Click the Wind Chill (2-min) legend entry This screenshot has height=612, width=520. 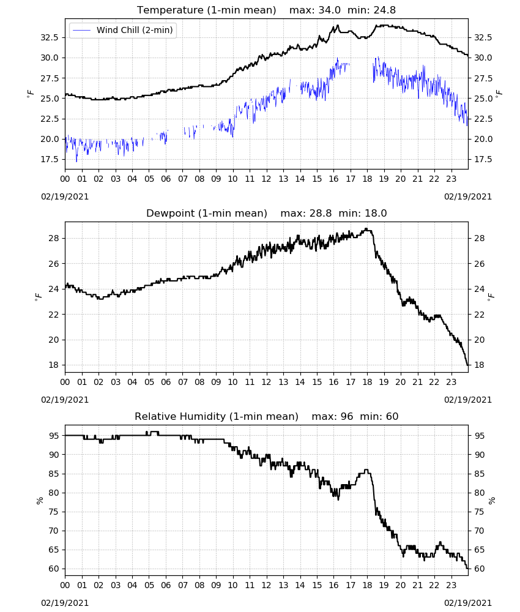pos(123,30)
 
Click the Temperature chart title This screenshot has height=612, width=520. pos(206,10)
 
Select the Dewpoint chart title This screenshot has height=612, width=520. pos(207,213)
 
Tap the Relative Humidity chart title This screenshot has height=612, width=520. pos(217,416)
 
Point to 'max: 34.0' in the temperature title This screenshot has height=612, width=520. pos(315,10)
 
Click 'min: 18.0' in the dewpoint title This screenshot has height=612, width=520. pos(363,213)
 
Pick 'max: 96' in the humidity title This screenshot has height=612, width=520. pos(332,416)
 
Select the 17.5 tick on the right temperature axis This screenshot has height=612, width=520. pos(483,159)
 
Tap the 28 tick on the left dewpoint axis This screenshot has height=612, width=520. pos(54,238)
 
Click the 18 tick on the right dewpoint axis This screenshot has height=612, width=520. pos(480,365)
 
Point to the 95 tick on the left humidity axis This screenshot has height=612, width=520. pos(54,436)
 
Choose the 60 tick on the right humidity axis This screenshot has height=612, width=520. pos(480,569)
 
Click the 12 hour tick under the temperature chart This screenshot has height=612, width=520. pos(267,179)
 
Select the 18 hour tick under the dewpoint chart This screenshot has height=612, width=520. pos(367,382)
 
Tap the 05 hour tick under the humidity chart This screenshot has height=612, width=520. pos(149,586)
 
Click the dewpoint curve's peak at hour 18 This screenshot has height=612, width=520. pos(366,229)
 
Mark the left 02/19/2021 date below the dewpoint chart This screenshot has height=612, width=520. pos(65,400)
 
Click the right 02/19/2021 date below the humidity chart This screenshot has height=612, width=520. pos(468,603)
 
